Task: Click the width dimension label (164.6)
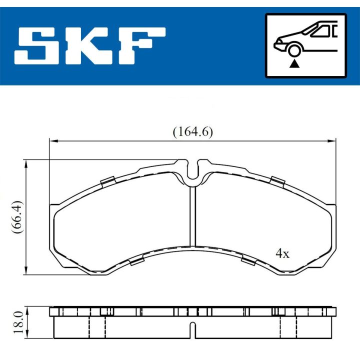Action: coord(192,132)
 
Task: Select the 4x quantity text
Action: coord(282,253)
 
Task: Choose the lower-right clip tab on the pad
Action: coord(248,259)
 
